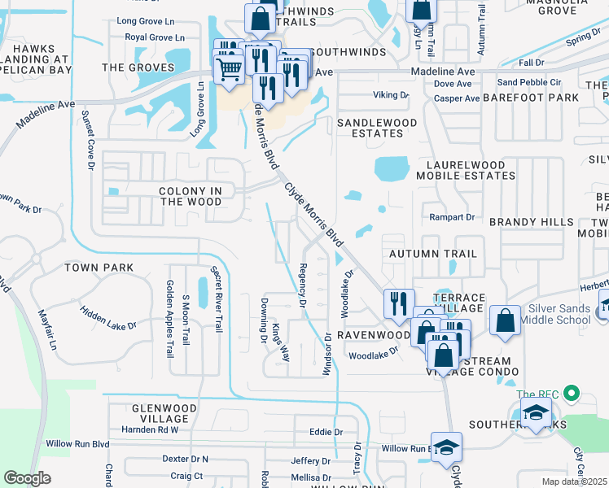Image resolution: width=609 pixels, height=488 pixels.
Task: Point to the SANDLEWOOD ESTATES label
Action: click(377, 129)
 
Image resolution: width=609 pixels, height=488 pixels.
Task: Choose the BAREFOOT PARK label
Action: click(530, 98)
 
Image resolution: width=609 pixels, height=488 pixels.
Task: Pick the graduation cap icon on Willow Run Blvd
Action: click(446, 449)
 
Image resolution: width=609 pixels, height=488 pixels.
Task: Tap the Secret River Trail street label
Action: click(217, 299)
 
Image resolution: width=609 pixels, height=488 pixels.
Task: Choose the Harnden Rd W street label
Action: click(150, 429)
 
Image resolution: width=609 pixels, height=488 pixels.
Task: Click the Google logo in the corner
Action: click(28, 478)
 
